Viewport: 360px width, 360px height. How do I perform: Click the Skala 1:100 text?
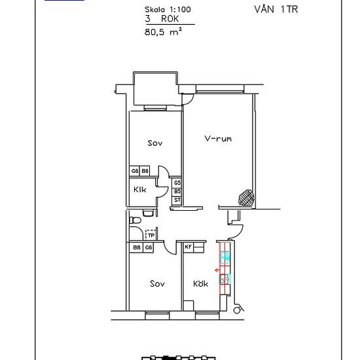tap(168, 9)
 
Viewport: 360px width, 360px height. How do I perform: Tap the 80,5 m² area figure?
tap(163, 31)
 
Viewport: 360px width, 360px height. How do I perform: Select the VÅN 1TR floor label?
tap(276, 9)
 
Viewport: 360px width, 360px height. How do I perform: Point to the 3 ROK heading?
tap(162, 19)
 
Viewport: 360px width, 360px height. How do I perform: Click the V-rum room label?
tap(218, 139)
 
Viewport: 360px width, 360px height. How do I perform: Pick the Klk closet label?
tap(140, 190)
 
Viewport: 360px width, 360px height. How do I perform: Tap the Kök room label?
tap(200, 283)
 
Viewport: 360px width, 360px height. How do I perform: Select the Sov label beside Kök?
tap(157, 284)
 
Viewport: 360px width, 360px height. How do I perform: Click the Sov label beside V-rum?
tap(155, 143)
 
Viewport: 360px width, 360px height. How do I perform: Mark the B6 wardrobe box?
tap(145, 171)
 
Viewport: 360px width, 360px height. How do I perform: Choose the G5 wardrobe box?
tap(177, 183)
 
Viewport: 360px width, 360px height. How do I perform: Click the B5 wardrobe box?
tap(177, 192)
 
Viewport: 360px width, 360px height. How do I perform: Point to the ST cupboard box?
tap(177, 200)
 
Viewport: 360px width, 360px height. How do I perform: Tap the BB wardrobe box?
tap(136, 247)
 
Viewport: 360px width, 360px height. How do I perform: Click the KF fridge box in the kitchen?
tap(189, 247)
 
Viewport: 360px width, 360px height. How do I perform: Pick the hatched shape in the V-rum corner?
tap(247, 197)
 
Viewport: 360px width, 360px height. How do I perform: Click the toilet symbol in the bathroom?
tap(135, 221)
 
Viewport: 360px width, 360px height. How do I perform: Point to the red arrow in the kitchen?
tap(217, 270)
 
